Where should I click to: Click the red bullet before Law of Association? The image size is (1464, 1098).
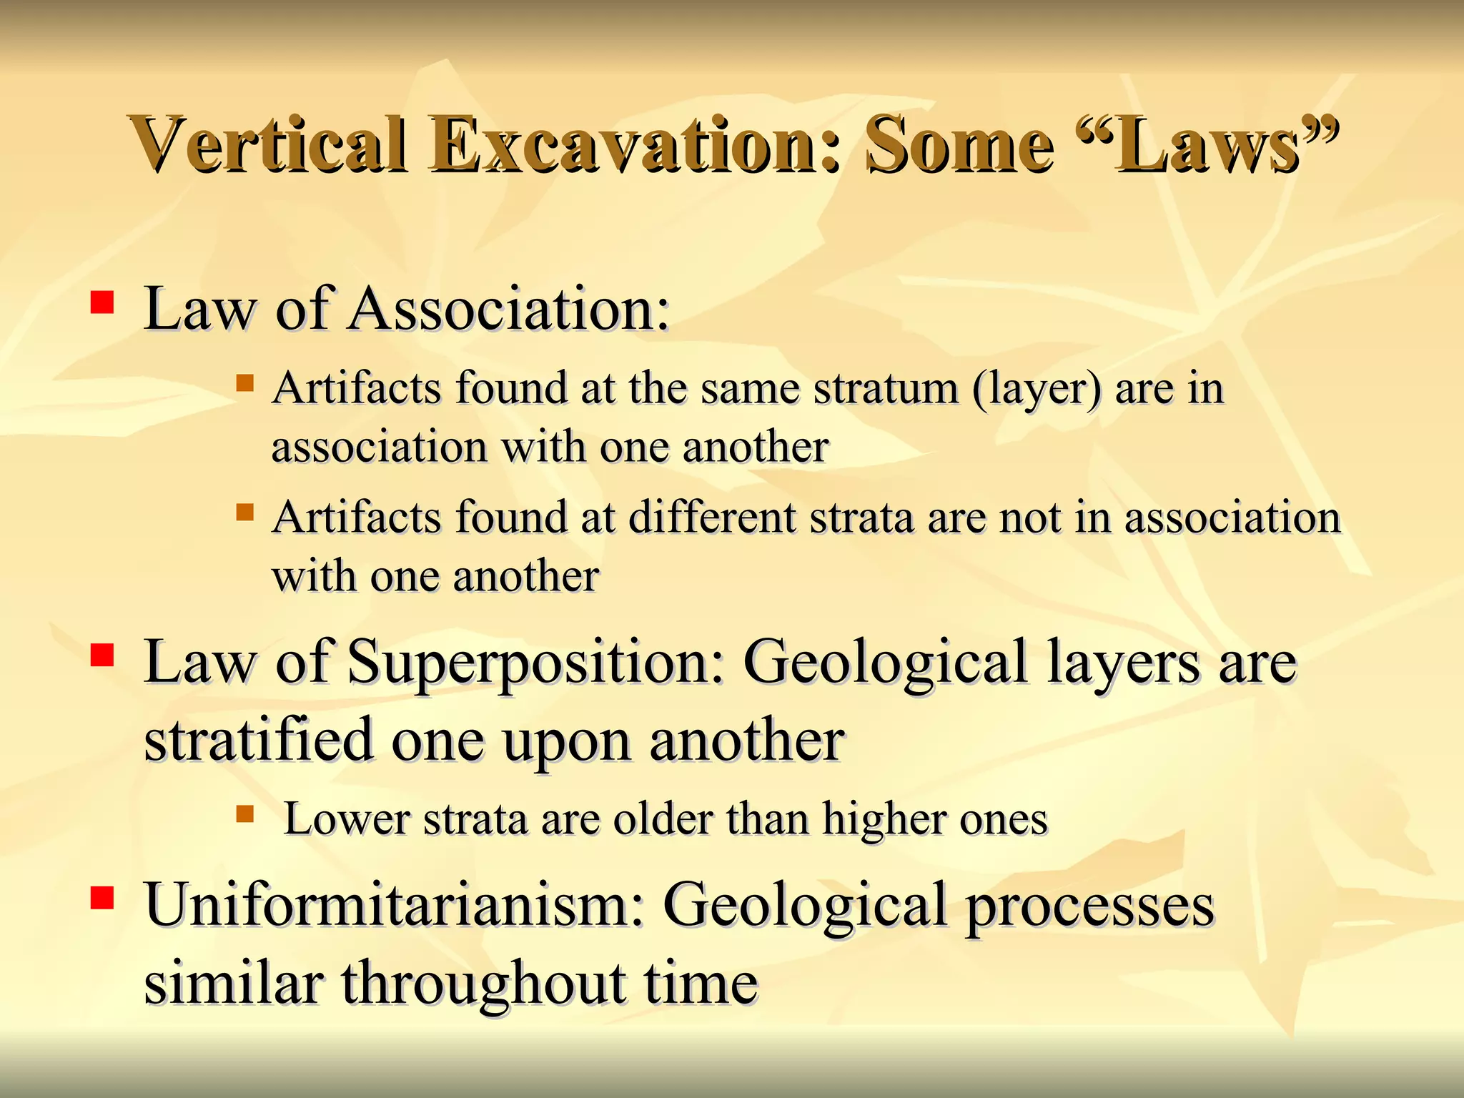tap(102, 302)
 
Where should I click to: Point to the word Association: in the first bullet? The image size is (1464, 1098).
tap(509, 310)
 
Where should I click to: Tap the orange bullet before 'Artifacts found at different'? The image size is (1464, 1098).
tap(244, 512)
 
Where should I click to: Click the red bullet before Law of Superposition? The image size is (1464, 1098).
tap(102, 655)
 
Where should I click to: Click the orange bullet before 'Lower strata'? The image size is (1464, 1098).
tap(244, 813)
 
